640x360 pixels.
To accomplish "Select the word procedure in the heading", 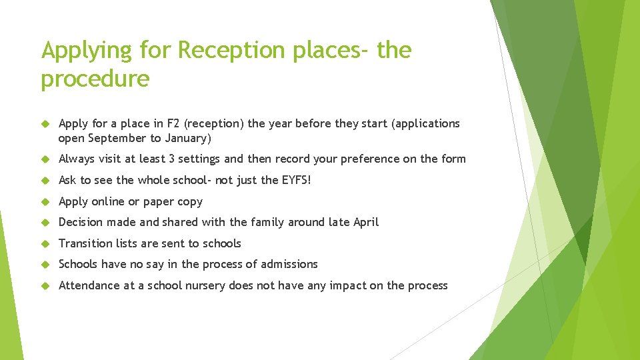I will (95, 79).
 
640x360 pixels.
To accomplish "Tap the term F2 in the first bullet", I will (171, 123).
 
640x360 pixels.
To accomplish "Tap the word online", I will (108, 201).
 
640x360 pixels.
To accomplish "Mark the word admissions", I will (289, 264).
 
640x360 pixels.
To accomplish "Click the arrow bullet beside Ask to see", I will (46, 181).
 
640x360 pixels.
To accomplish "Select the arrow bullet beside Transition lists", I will (46, 244).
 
